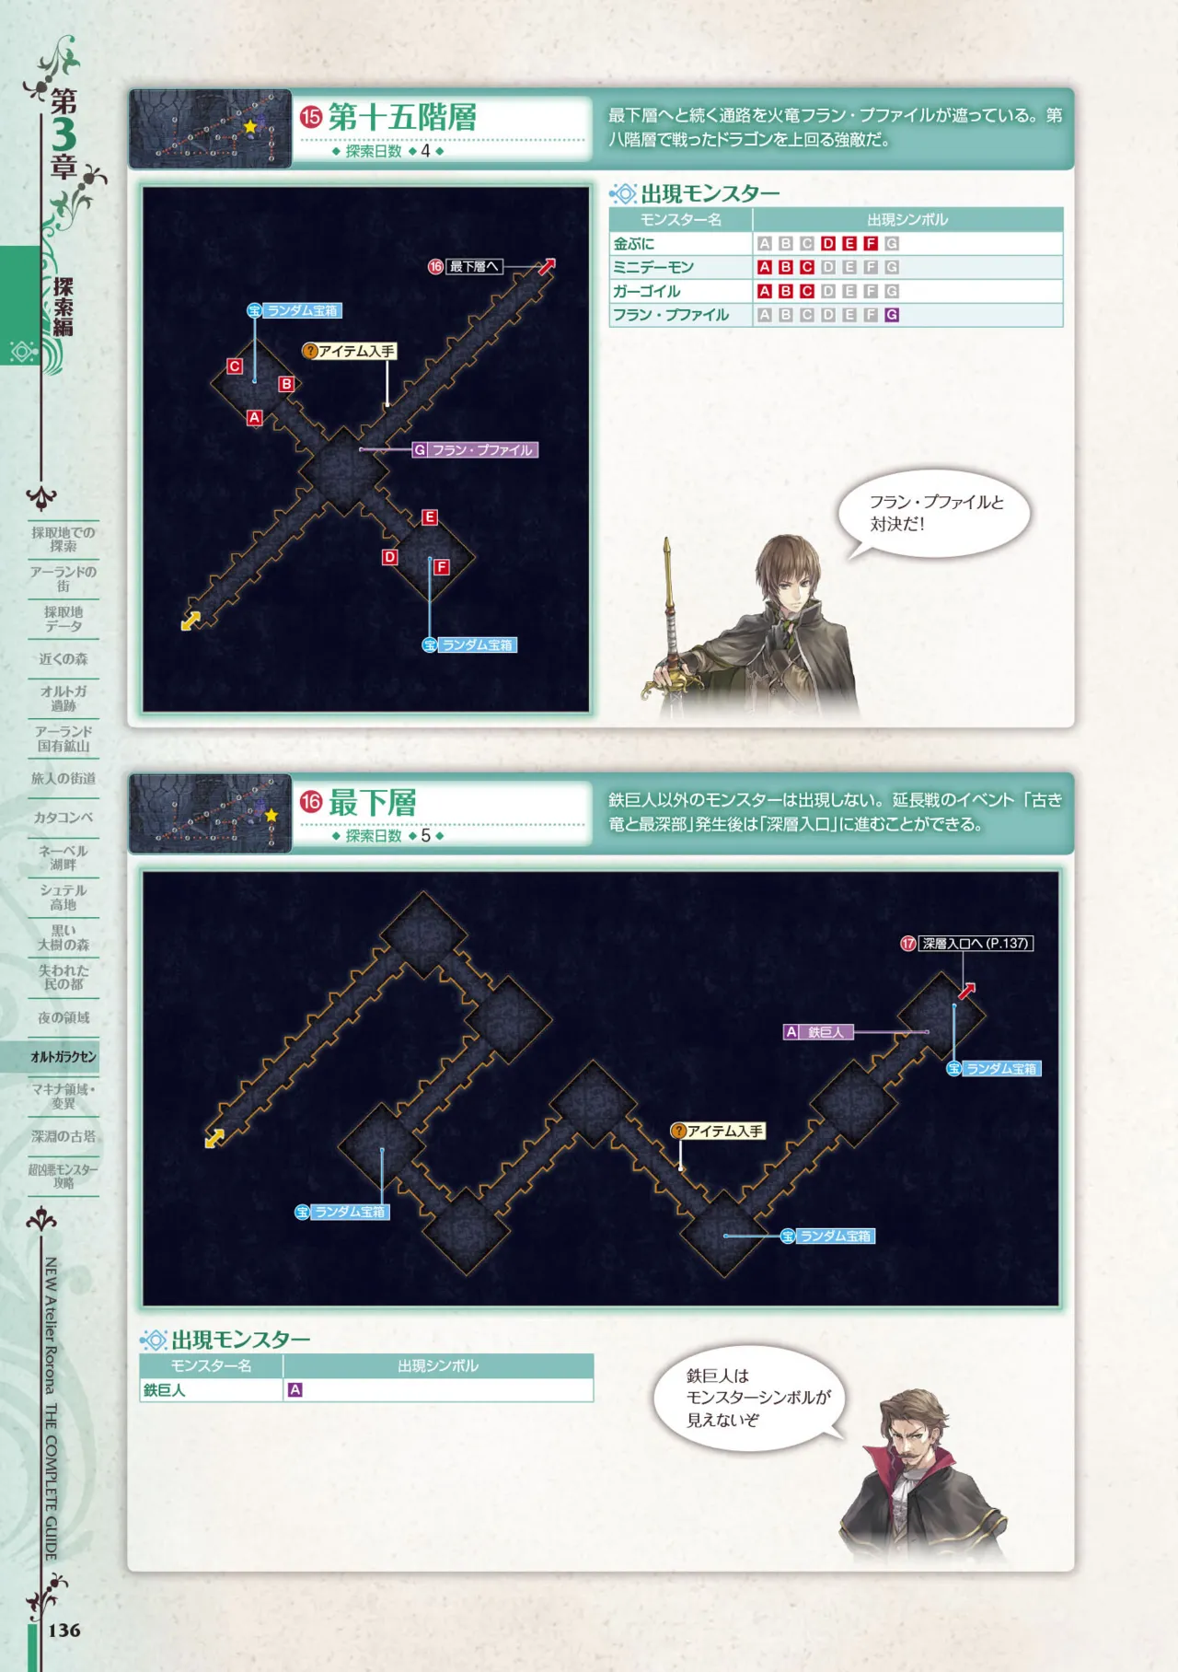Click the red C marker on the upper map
coord(235,366)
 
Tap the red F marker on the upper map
coord(442,567)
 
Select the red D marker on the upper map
coord(390,557)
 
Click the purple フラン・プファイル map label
coord(474,450)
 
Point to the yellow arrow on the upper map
coord(191,621)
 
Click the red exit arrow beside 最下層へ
coord(547,267)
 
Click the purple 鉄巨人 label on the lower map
coord(818,1032)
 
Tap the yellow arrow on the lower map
coord(214,1139)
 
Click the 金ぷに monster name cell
coord(680,244)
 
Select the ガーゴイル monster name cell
coord(680,291)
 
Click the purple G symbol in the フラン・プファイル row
coord(892,315)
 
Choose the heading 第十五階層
coord(402,118)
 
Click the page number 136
coord(64,1631)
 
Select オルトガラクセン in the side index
coord(64,1057)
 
